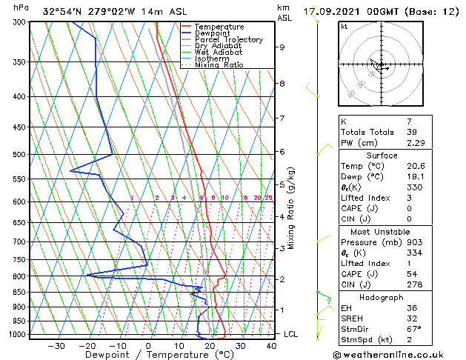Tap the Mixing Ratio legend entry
(x=219, y=64)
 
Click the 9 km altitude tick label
(x=282, y=47)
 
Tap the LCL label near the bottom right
(x=291, y=334)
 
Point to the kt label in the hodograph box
(x=344, y=26)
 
